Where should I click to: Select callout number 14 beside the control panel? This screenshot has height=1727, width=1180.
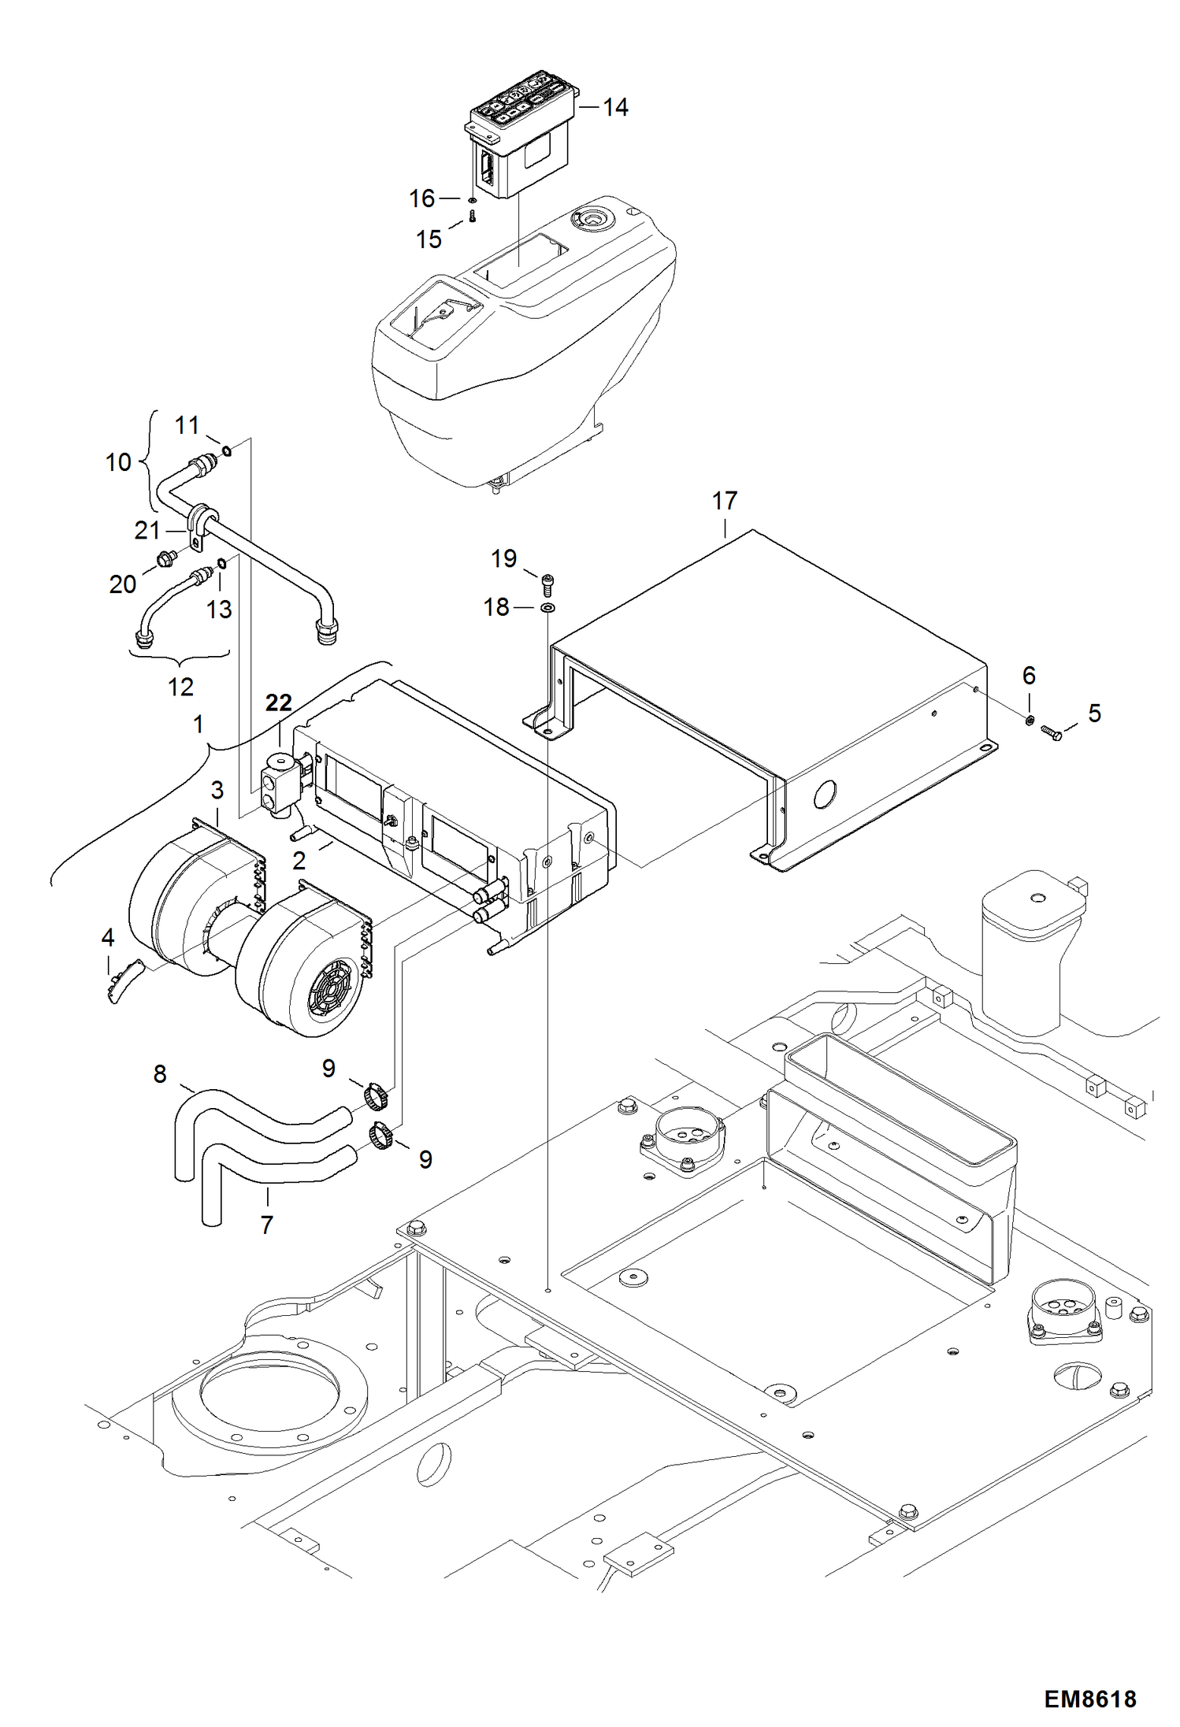pyautogui.click(x=615, y=107)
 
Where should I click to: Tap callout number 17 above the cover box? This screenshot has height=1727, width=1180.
pyautogui.click(x=724, y=500)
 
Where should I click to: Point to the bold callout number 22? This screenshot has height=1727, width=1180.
pyautogui.click(x=278, y=702)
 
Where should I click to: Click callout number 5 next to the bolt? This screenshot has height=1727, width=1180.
pyautogui.click(x=1094, y=713)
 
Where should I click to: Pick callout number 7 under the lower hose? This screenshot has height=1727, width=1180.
pyautogui.click(x=266, y=1225)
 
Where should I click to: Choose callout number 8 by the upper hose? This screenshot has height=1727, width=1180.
pyautogui.click(x=160, y=1073)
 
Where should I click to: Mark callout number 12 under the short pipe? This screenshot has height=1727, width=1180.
pyautogui.click(x=180, y=687)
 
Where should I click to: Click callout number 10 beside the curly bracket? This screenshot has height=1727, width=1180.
pyautogui.click(x=118, y=461)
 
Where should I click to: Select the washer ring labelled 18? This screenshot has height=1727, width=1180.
pyautogui.click(x=546, y=608)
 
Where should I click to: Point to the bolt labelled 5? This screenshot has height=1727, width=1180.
pyautogui.click(x=1051, y=733)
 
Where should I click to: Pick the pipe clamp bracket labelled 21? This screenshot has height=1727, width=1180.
pyautogui.click(x=199, y=526)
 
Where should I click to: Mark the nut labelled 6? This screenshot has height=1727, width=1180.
pyautogui.click(x=1030, y=719)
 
